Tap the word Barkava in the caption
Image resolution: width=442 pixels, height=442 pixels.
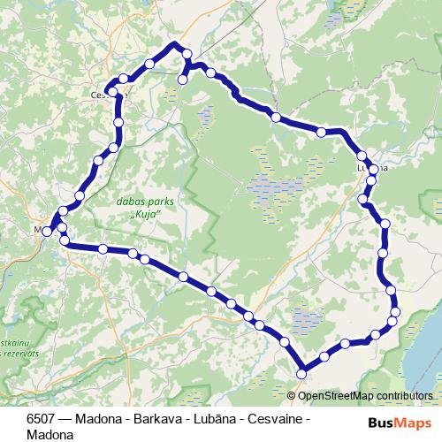click(154, 420)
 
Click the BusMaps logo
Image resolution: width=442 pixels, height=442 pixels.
click(395, 423)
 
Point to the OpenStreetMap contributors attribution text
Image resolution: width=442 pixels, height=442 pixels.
click(368, 395)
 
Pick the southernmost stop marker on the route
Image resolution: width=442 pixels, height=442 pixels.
click(301, 374)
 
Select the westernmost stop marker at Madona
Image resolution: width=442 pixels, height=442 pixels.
click(47, 231)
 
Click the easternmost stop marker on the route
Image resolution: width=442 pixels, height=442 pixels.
click(395, 311)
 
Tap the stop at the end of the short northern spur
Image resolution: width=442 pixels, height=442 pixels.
click(182, 80)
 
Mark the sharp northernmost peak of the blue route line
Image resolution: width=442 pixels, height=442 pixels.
click(174, 43)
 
